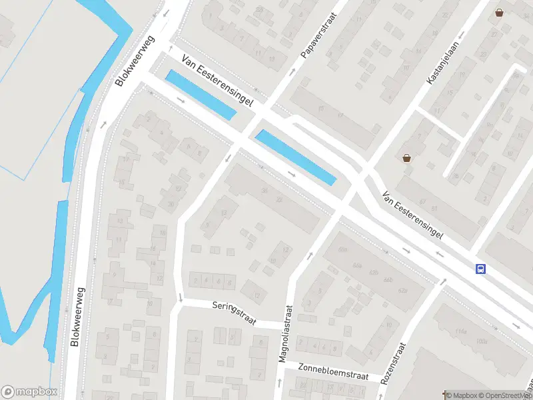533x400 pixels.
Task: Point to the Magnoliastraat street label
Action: (286, 334)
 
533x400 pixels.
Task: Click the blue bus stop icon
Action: (480, 269)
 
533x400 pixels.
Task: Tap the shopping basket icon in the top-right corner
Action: (499, 13)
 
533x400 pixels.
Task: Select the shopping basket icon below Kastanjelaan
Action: (406, 158)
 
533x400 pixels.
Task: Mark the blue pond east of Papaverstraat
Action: (295, 157)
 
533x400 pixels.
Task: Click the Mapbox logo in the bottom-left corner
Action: (29, 391)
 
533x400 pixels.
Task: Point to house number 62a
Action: (402, 290)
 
